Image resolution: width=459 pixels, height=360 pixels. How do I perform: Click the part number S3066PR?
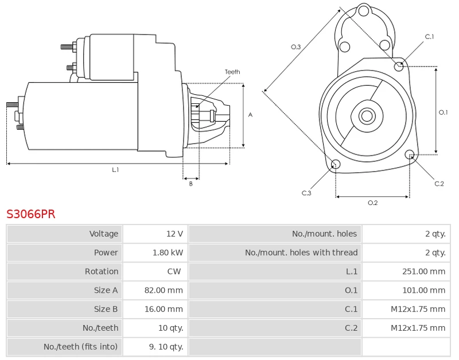pos(31,214)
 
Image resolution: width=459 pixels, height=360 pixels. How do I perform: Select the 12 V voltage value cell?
pos(174,234)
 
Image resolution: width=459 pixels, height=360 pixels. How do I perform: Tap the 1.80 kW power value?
pos(168,253)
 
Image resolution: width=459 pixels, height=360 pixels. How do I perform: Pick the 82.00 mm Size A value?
pos(164,291)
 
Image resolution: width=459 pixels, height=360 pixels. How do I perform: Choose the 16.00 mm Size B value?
pos(164,309)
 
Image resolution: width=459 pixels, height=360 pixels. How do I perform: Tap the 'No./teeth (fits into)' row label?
pos(81,347)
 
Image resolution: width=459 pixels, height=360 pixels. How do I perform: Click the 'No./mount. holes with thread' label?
pos(301,253)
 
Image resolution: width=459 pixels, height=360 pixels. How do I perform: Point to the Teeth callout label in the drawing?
pos(232,72)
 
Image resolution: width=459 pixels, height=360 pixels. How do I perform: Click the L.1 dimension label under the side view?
pos(115,170)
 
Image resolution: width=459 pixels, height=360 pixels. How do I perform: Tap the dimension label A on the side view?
pos(250,115)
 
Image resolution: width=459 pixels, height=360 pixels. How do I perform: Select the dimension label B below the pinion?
pos(190,184)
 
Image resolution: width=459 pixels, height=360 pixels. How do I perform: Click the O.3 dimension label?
pos(296,47)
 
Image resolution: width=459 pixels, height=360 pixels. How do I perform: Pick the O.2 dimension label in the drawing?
pos(372,203)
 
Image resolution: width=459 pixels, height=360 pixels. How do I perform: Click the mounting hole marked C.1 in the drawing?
pos(399,66)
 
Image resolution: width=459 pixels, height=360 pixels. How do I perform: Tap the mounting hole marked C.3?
pos(336,165)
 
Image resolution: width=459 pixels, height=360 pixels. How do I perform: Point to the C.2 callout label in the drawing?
pos(439,184)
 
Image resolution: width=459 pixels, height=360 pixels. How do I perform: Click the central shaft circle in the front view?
pos(366,116)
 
